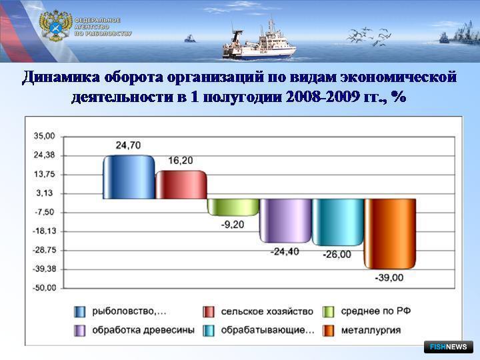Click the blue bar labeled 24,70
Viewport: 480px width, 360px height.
(x=129, y=177)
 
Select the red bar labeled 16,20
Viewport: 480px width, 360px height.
(x=181, y=185)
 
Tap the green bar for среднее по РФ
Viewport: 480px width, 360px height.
(x=233, y=207)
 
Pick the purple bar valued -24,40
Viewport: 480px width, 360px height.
(x=285, y=221)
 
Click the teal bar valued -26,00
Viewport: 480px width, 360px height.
(x=338, y=222)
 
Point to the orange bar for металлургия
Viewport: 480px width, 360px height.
(x=390, y=234)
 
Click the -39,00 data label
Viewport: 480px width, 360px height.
(x=389, y=277)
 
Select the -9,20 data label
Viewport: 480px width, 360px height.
(x=233, y=225)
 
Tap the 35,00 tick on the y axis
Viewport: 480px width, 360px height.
(x=45, y=136)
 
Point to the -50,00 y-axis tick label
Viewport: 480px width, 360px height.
(x=45, y=288)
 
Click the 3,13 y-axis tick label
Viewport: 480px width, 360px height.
(x=45, y=193)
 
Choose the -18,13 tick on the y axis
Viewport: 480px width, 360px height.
(x=45, y=231)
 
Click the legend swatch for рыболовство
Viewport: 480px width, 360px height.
(x=79, y=312)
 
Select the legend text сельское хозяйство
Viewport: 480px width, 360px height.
(x=267, y=311)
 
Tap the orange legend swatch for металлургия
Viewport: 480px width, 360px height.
(x=328, y=331)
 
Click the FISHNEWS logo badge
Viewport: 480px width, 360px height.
(x=449, y=347)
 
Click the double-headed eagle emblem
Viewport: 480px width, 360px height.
(x=55, y=26)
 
